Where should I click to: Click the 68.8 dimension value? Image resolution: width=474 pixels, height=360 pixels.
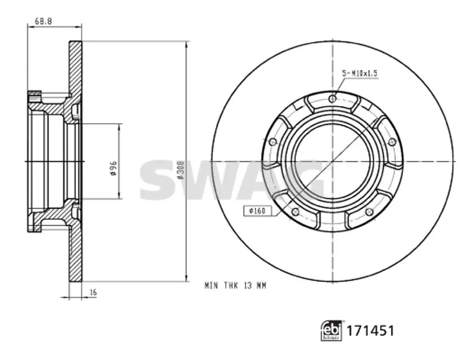(x=43, y=21)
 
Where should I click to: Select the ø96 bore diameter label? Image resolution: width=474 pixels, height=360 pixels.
(x=113, y=168)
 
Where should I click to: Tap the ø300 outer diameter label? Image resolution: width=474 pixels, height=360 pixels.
(x=181, y=170)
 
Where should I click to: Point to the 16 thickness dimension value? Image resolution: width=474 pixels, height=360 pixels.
(x=93, y=292)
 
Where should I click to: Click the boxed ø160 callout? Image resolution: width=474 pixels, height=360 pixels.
(x=257, y=211)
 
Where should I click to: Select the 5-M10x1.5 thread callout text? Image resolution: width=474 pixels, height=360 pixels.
(x=360, y=73)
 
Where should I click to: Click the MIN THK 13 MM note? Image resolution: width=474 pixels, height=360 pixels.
(x=235, y=285)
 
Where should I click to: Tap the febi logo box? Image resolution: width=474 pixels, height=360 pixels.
(x=331, y=330)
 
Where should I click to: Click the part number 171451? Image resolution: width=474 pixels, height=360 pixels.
(x=370, y=331)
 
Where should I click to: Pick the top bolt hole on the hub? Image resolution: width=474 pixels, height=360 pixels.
(x=332, y=98)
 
